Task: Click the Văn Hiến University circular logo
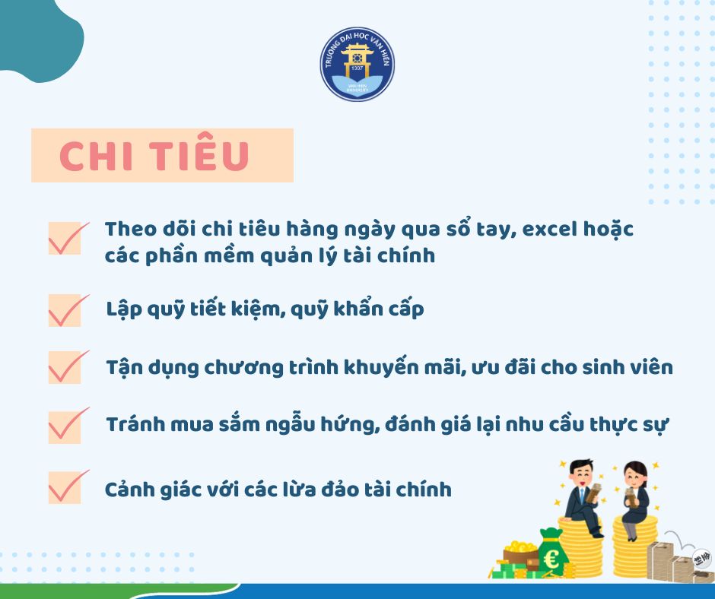point(357,64)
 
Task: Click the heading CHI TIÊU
point(154,155)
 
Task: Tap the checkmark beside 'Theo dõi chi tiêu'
point(68,238)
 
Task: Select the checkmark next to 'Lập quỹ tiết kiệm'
point(68,310)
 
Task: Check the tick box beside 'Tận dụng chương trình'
point(68,367)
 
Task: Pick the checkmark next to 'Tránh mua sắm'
point(68,426)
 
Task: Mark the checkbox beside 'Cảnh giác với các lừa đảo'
point(68,486)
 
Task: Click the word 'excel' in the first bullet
point(549,229)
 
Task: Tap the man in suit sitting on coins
point(584,497)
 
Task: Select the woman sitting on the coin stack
point(634,500)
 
